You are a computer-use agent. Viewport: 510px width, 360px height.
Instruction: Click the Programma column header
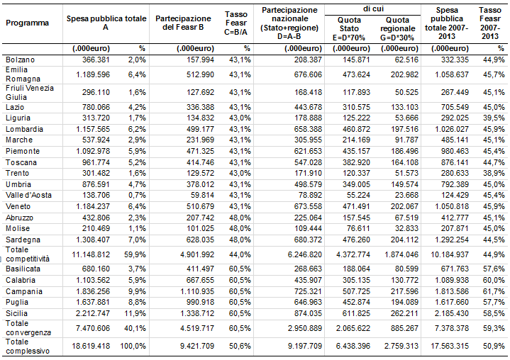[x=28, y=23]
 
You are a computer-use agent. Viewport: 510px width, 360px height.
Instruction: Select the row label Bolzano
[x=20, y=60]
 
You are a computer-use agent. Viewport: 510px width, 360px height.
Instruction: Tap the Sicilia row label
[x=16, y=313]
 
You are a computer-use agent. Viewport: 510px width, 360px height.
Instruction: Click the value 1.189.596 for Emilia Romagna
[x=93, y=74]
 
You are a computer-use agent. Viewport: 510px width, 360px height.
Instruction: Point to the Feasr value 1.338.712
[x=197, y=313]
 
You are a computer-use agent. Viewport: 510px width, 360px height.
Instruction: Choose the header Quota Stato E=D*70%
[x=349, y=29]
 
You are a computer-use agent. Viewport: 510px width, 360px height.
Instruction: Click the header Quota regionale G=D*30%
[x=397, y=29]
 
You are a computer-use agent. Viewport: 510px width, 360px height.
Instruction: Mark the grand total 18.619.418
[x=91, y=346]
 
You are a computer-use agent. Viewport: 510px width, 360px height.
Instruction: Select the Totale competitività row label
[x=28, y=254]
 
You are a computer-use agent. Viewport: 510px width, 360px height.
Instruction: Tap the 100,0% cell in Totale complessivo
[x=133, y=346]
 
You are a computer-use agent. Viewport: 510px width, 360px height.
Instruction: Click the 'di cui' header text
[x=373, y=9]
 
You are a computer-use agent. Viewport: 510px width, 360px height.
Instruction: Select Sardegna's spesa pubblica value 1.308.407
[x=93, y=240]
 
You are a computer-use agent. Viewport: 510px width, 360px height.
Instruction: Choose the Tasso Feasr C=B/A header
[x=235, y=23]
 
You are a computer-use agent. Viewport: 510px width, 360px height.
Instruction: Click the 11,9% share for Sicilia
[x=135, y=313]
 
